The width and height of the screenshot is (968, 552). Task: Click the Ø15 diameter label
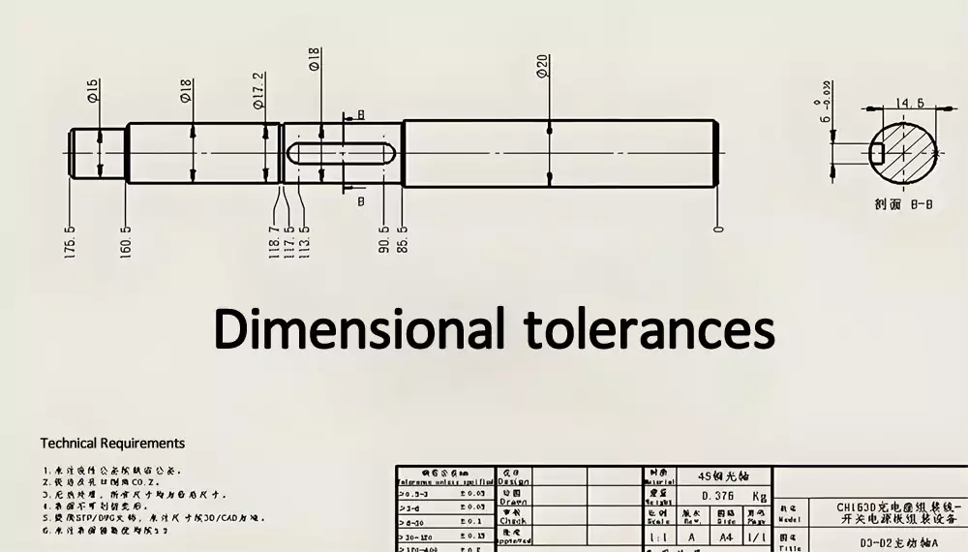coord(93,91)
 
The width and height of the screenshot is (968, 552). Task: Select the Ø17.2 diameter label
coord(258,90)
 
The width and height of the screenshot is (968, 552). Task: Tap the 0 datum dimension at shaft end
coord(717,229)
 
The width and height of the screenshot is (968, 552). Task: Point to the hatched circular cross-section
coord(908,153)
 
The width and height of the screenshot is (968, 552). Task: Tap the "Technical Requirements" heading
coord(112,443)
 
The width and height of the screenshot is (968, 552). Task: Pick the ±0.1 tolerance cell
coord(473,521)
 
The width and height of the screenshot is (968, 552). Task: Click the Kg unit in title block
coord(759,496)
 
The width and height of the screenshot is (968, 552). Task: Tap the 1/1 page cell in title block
coord(758,536)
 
